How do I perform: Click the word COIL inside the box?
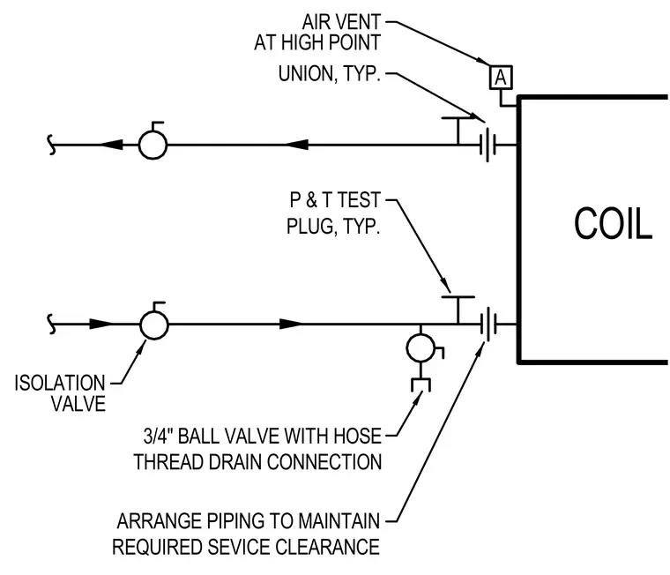[613, 224]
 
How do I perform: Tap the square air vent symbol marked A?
[501, 78]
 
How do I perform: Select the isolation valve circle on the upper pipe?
[153, 145]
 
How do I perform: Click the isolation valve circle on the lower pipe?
[153, 325]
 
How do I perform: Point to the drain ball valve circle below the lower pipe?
[421, 348]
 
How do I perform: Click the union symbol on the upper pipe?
[488, 145]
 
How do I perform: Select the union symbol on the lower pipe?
[488, 325]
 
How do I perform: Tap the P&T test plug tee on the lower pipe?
[458, 310]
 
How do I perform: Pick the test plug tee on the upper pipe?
[458, 131]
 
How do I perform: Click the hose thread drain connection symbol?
[421, 385]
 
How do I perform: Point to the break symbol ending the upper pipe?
[51, 145]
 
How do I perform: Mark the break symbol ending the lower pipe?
[51, 325]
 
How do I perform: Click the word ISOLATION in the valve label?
[60, 383]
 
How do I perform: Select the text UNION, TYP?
[330, 74]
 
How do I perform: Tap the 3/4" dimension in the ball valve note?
[157, 436]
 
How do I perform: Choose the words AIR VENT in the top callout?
[341, 22]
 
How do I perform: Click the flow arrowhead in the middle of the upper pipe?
[296, 145]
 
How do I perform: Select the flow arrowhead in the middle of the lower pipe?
[292, 324]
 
